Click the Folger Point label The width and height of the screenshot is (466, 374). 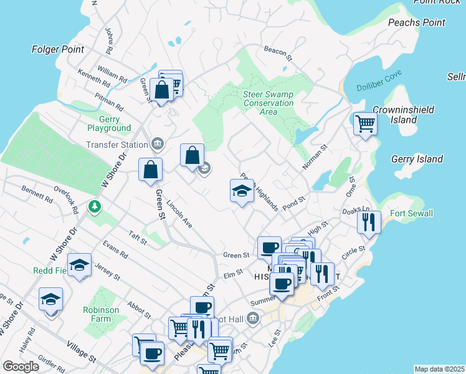pyautogui.click(x=57, y=49)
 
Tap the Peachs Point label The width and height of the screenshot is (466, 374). pyautogui.click(x=417, y=22)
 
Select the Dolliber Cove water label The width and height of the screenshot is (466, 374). pyautogui.click(x=379, y=82)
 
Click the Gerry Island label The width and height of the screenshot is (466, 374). pyautogui.click(x=417, y=159)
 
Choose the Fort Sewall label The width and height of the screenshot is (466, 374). pyautogui.click(x=411, y=214)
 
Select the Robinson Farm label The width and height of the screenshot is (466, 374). pyautogui.click(x=100, y=314)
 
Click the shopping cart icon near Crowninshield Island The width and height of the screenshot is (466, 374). pyautogui.click(x=365, y=123)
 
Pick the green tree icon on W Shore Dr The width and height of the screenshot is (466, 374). pyautogui.click(x=94, y=206)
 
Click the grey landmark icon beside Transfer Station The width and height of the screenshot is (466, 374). pyautogui.click(x=157, y=145)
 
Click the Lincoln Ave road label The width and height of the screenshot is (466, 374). pyautogui.click(x=180, y=214)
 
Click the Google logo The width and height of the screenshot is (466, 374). pyautogui.click(x=21, y=367)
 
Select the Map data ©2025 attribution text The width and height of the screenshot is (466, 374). pyautogui.click(x=439, y=369)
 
